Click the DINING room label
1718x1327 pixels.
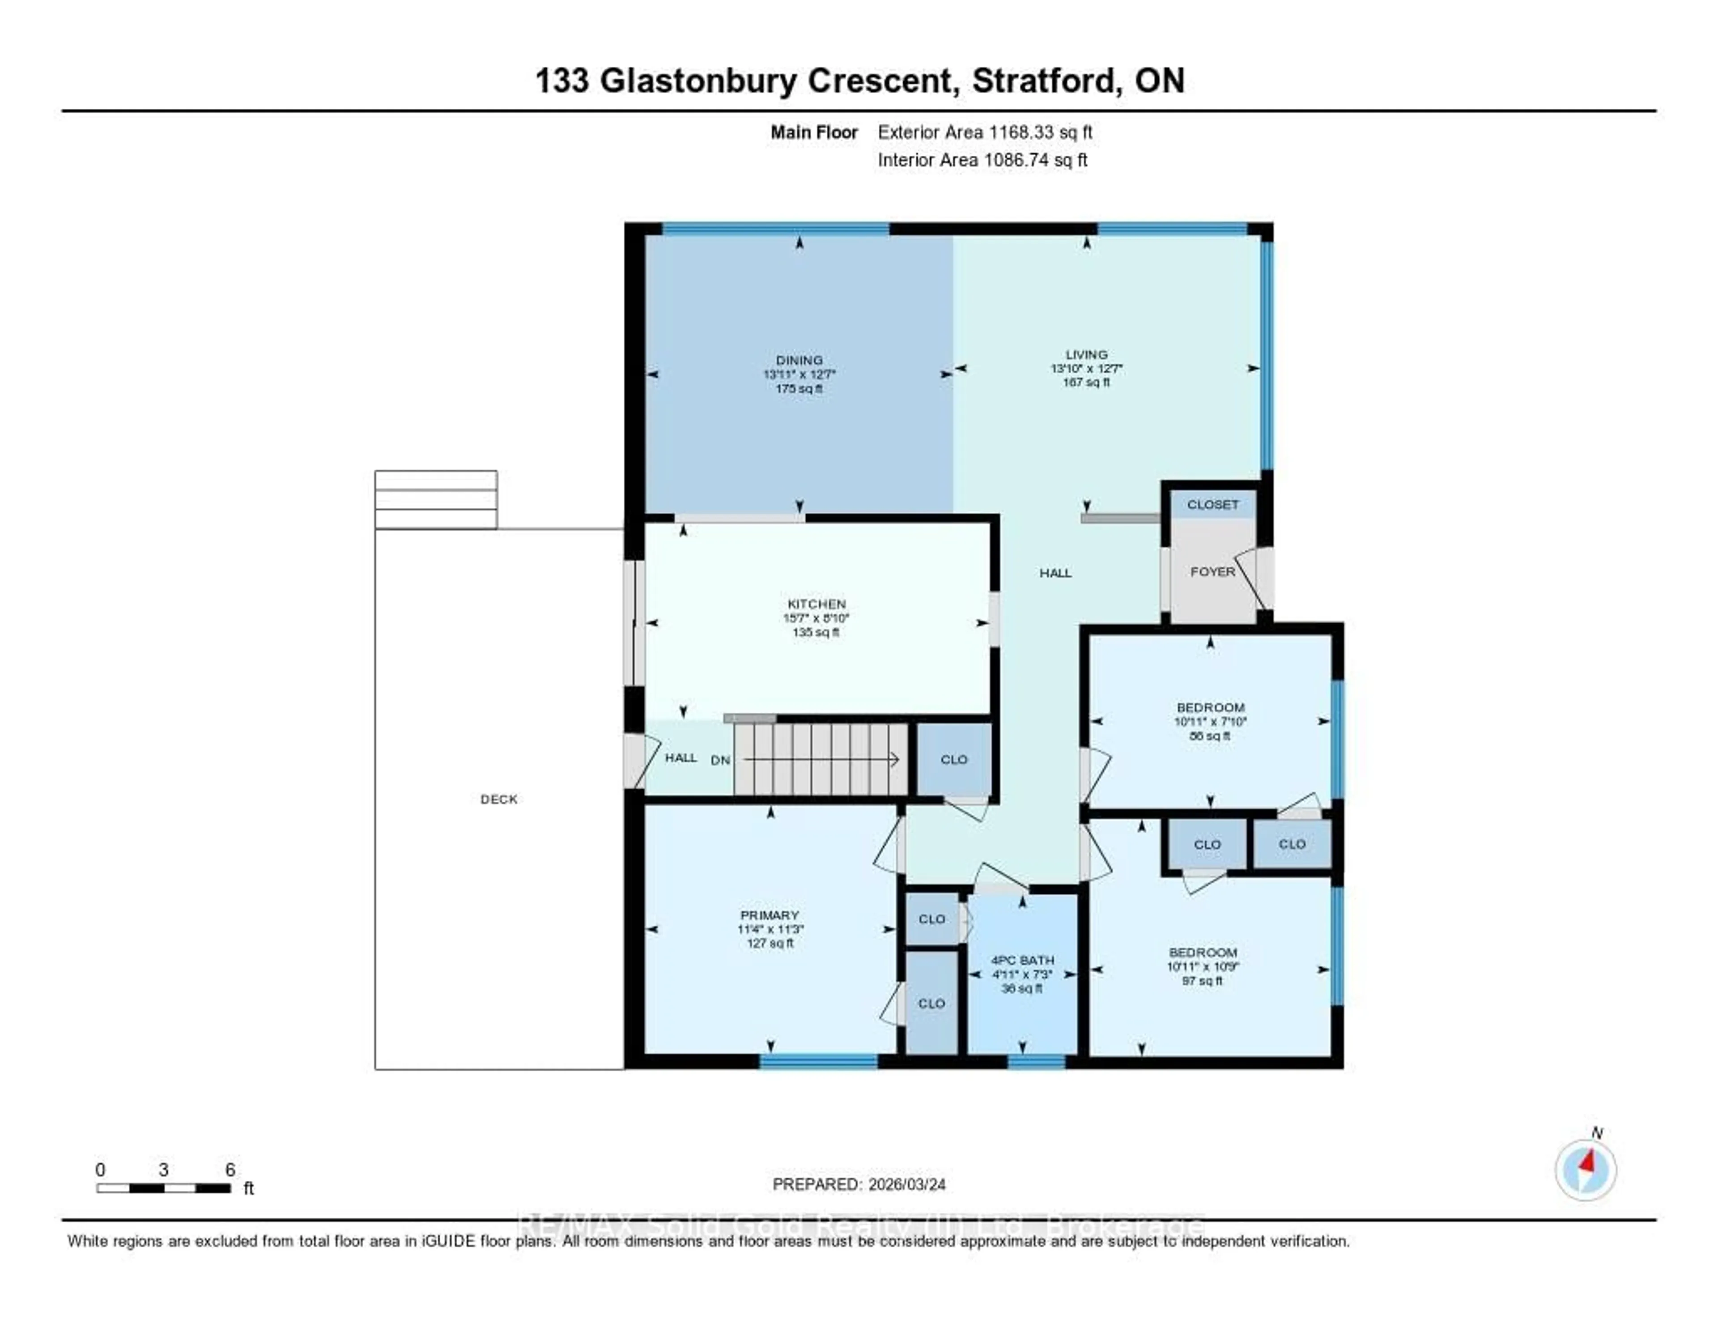click(799, 360)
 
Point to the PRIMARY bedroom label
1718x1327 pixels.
click(770, 915)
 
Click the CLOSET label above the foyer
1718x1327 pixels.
click(1212, 504)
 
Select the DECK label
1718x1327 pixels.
click(499, 799)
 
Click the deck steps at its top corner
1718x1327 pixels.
click(436, 499)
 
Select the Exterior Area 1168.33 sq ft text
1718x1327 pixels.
click(985, 132)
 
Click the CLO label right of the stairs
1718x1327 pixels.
click(953, 760)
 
